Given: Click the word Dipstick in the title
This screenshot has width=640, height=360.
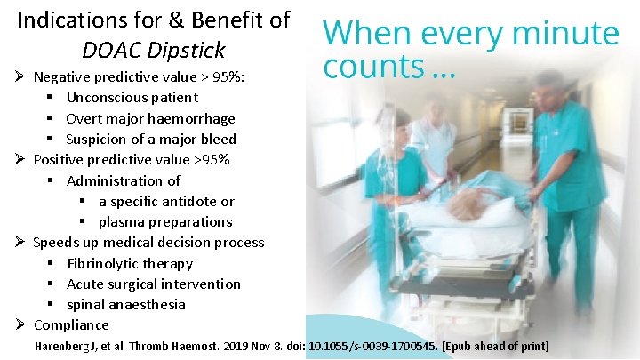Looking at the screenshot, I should (189, 50).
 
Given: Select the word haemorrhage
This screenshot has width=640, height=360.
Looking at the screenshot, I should (193, 118).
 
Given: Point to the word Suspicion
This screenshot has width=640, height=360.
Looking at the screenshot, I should (100, 139).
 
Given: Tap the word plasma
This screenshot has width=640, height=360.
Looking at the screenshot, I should (122, 221).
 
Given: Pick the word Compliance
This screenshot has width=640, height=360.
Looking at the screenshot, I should (71, 324).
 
